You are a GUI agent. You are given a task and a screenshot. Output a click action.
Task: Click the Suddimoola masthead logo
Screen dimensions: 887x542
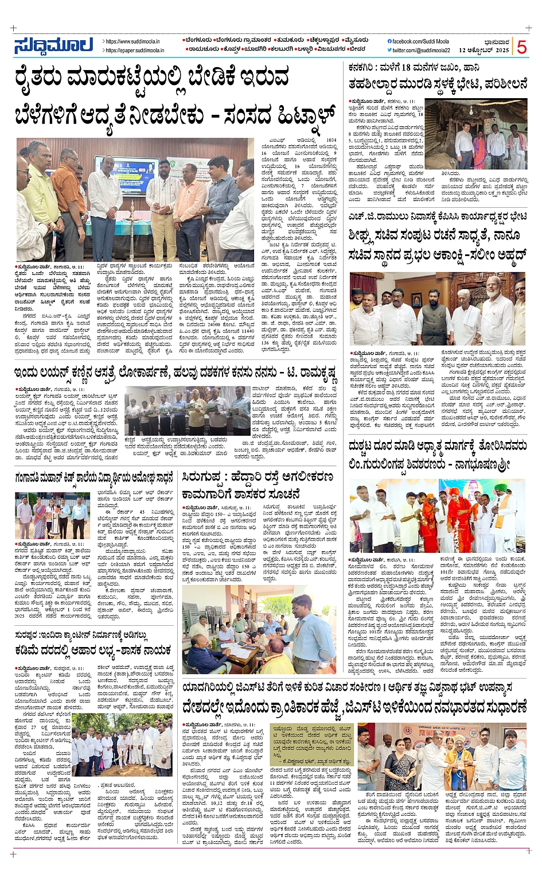click(53, 45)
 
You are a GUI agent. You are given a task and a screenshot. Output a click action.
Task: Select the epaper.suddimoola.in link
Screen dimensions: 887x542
click(135, 51)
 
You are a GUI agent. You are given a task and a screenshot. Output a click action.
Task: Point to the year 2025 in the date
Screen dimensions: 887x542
click(502, 51)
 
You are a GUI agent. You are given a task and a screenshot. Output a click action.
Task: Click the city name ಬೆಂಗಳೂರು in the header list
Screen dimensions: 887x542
click(197, 41)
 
